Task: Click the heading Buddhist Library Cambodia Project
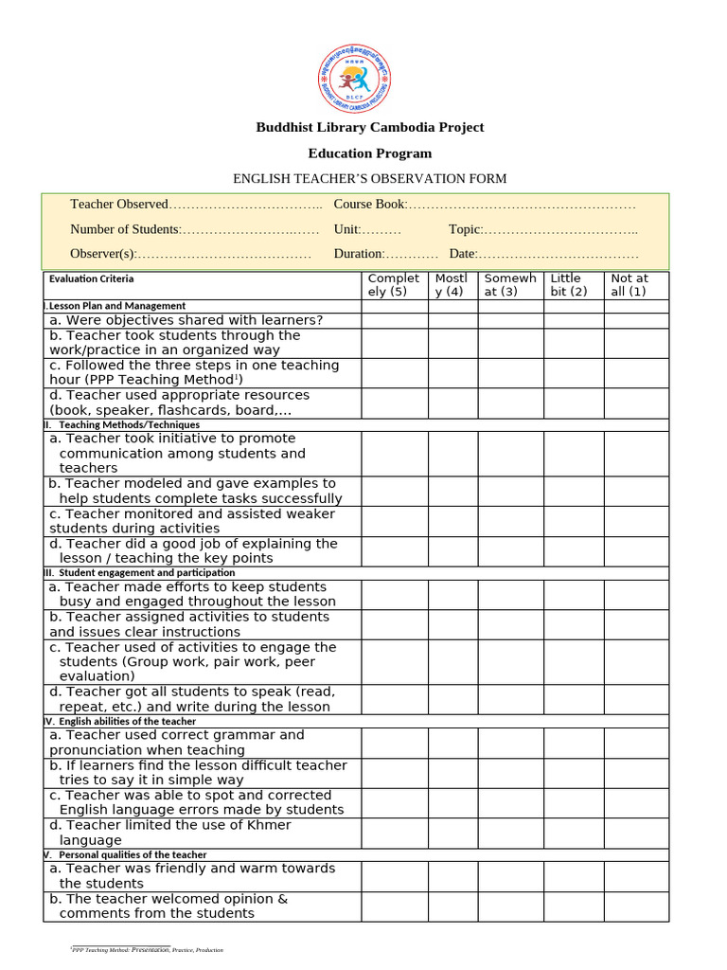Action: [x=369, y=127]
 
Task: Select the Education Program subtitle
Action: [x=369, y=153]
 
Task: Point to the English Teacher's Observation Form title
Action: [x=369, y=179]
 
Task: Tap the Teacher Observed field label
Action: [x=118, y=205]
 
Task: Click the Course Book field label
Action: [x=370, y=205]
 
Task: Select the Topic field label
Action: [x=466, y=229]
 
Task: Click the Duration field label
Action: [x=359, y=254]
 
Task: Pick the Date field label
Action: [x=463, y=254]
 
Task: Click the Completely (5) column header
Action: [x=394, y=285]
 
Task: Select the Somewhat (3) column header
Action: [x=510, y=285]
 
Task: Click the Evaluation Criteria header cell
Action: [x=92, y=278]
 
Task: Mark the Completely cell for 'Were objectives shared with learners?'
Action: [x=394, y=320]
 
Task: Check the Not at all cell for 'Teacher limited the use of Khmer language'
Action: [x=635, y=833]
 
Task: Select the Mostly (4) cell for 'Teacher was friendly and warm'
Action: [x=452, y=876]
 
